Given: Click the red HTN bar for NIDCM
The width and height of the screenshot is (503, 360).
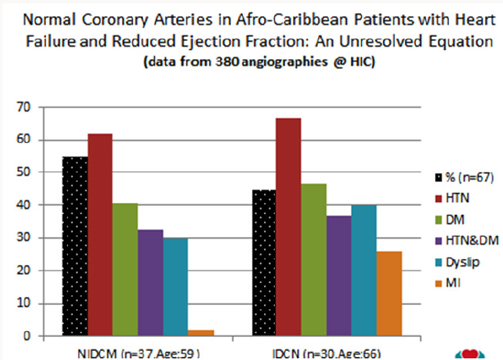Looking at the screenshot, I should point(100,235).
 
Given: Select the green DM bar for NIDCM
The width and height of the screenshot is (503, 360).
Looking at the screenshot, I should point(126,270).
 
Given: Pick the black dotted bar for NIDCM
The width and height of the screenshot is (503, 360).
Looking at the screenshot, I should point(75,246).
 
